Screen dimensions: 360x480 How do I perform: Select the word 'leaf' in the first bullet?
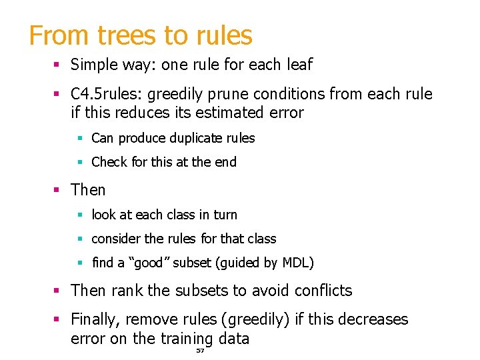coord(299,65)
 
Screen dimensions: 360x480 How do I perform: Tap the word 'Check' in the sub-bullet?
coord(109,162)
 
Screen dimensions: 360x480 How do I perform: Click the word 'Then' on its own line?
coord(88,190)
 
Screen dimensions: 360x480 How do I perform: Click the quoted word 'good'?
coord(148,263)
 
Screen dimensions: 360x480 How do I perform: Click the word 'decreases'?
coord(371,320)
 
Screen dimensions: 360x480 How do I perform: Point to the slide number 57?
coord(200,350)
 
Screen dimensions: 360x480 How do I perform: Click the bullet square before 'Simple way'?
coord(57,65)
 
